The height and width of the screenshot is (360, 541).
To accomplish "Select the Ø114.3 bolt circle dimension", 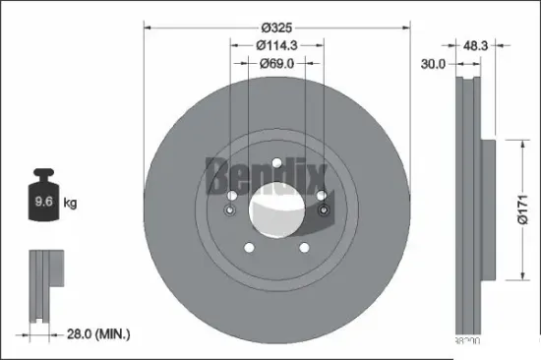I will coord(275,45).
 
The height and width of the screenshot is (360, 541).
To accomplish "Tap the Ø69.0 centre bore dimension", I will coord(275,64).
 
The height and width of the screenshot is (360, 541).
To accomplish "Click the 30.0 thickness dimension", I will coord(433,64).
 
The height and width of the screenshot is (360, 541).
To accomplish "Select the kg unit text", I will coord(71,204).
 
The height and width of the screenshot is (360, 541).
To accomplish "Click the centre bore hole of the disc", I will coord(276,204).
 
